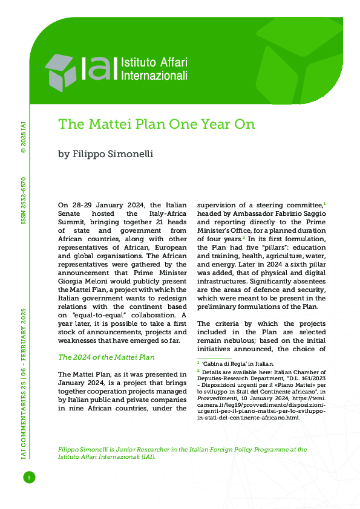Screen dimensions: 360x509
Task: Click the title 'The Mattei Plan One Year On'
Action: (157, 124)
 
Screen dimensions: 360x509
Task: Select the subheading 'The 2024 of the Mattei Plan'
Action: (106, 357)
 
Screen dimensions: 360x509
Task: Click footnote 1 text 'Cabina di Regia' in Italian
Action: (231, 364)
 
